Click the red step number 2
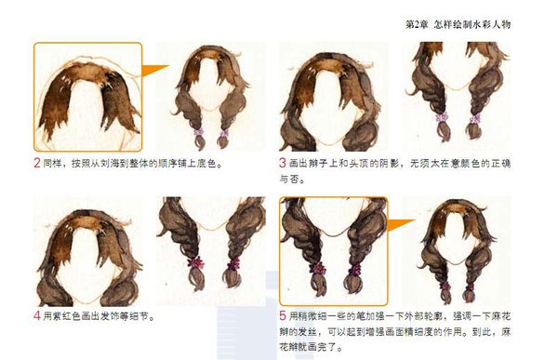36,163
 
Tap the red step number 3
282,163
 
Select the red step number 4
37,316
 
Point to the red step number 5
283,316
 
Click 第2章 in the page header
417,24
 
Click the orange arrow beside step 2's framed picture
153,70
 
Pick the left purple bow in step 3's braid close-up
442,117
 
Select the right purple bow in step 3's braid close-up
475,119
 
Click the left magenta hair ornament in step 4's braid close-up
195,262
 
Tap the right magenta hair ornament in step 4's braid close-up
233,264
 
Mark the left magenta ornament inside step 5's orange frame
318,268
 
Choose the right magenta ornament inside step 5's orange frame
354,270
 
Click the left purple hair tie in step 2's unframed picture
199,132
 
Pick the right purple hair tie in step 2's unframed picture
223,134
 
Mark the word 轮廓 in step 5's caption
433,316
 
